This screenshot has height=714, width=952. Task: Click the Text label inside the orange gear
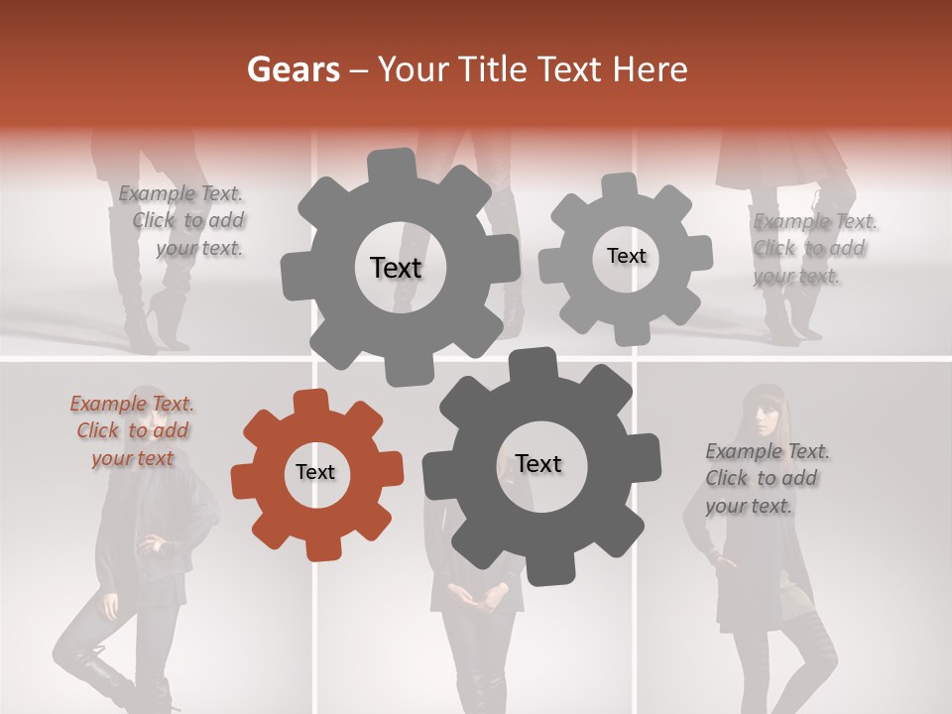click(315, 472)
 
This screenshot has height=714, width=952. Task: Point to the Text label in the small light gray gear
click(626, 256)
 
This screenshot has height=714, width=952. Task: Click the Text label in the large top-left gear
click(396, 268)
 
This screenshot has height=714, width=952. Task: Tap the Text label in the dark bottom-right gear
click(538, 463)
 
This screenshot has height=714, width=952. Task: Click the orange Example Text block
click(132, 430)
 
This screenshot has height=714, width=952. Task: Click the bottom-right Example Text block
click(766, 478)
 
